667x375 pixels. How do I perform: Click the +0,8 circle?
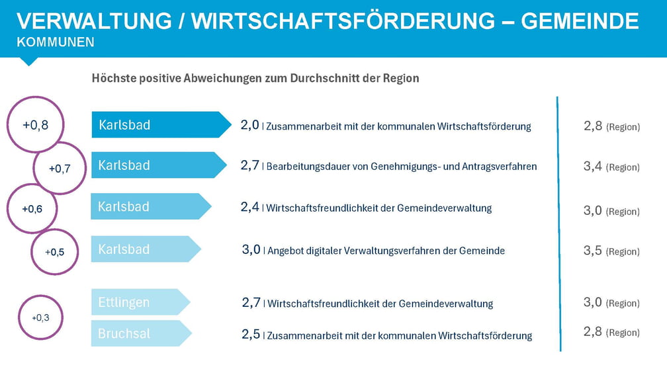pos(35,124)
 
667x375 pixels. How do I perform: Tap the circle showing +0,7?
pos(60,168)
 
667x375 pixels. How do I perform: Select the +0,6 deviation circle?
pos(32,209)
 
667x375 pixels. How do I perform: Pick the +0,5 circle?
pos(55,251)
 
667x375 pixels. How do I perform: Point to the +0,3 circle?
pos(40,317)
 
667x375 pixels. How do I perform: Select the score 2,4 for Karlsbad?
pos(250,207)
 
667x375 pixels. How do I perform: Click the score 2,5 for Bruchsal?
pos(251,335)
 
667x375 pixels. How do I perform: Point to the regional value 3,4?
pos(593,167)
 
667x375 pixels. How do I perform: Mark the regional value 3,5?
pos(593,251)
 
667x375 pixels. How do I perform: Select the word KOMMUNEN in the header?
pos(56,42)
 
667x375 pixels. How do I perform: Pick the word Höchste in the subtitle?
pos(113,78)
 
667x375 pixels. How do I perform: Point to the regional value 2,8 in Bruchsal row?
pos(593,332)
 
